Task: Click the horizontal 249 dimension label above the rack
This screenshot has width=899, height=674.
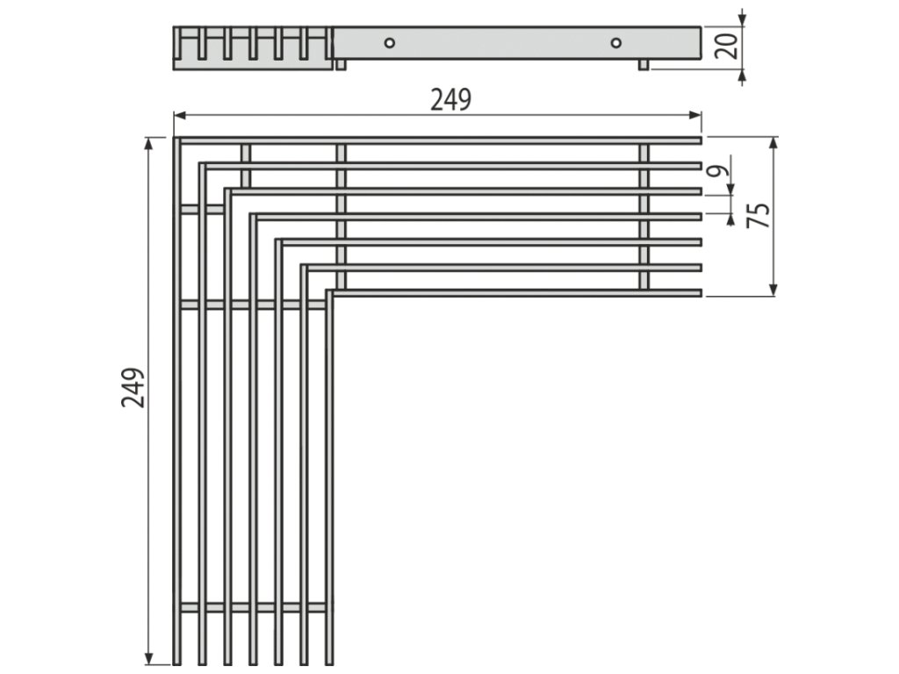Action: [449, 100]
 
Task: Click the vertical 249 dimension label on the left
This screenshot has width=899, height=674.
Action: [133, 387]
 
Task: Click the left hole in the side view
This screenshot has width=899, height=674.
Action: [389, 42]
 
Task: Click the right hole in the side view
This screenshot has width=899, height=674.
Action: [615, 42]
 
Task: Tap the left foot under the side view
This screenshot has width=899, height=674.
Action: [341, 64]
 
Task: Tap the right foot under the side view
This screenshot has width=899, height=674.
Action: [644, 64]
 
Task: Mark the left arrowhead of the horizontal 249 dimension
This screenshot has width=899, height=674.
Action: [178, 114]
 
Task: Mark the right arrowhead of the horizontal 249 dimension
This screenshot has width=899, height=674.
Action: [697, 114]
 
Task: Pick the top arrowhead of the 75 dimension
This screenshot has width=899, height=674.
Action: [773, 141]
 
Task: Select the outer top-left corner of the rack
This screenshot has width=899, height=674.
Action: [176, 139]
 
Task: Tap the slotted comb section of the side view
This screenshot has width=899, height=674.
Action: [253, 47]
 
